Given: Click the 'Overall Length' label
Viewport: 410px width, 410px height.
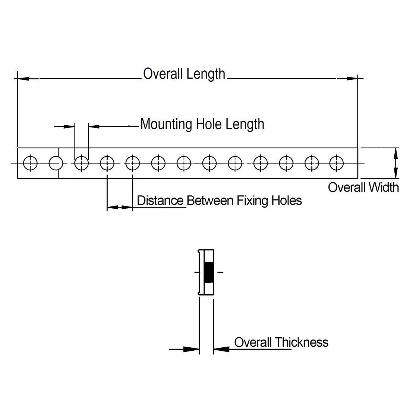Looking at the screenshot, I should coord(184,74).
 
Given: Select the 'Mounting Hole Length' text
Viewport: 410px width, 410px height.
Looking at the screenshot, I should coord(202,124).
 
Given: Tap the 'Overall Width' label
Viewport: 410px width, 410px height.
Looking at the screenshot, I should coord(363,187).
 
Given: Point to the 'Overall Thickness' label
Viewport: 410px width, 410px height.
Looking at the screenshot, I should coord(281,342).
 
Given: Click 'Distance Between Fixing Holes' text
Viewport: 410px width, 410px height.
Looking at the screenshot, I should coord(219,201).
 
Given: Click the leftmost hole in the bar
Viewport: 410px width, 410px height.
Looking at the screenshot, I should coord(30,163).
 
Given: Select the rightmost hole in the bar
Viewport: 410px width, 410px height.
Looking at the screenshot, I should coord(337,163).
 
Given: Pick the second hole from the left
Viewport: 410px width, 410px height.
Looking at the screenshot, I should coord(56,163).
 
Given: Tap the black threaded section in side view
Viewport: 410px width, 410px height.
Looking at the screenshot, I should coord(209,272).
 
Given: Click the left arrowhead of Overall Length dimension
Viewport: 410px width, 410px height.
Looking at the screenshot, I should coord(23,79).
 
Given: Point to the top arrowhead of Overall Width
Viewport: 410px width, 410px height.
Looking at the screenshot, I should coord(396,152).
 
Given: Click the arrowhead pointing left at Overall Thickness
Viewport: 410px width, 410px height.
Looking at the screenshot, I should coord(221,349).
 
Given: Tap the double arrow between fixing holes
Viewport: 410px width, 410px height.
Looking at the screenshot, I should coord(120,207).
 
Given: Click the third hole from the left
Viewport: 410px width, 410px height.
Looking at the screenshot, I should coord(81,163).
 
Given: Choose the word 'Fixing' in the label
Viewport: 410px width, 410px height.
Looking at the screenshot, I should coord(253,201).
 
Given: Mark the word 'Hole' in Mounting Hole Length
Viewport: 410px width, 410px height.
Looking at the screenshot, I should coord(210,124).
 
